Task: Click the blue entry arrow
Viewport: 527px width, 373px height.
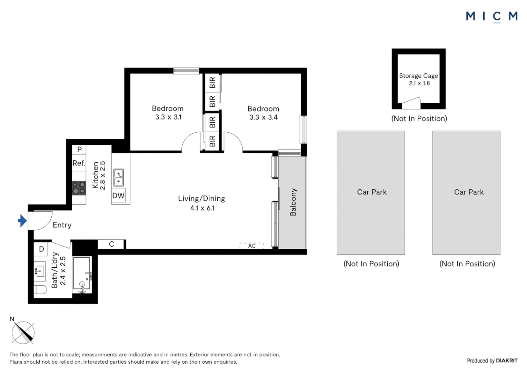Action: click(22, 221)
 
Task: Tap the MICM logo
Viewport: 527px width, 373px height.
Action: click(491, 16)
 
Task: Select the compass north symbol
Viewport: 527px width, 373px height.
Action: click(23, 332)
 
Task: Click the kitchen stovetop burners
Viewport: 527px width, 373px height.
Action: click(79, 188)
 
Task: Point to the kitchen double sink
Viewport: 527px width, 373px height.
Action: click(119, 178)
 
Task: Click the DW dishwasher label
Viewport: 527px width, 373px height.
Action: click(118, 196)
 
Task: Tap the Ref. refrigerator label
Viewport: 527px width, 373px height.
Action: click(79, 163)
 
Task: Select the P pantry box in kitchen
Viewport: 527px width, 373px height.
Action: click(79, 150)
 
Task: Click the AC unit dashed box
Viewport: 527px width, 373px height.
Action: click(251, 246)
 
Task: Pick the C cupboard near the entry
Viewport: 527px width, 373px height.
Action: click(111, 244)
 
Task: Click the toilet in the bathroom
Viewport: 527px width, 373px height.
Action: click(40, 289)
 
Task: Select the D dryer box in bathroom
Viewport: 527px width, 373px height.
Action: click(41, 249)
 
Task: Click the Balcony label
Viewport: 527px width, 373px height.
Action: click(293, 202)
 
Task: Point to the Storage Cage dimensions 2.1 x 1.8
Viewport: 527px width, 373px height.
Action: click(419, 83)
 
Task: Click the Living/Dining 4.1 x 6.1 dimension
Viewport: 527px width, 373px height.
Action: click(202, 208)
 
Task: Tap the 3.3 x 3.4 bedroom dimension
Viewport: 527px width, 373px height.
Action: click(263, 117)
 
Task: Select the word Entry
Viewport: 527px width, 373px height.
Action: click(62, 225)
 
